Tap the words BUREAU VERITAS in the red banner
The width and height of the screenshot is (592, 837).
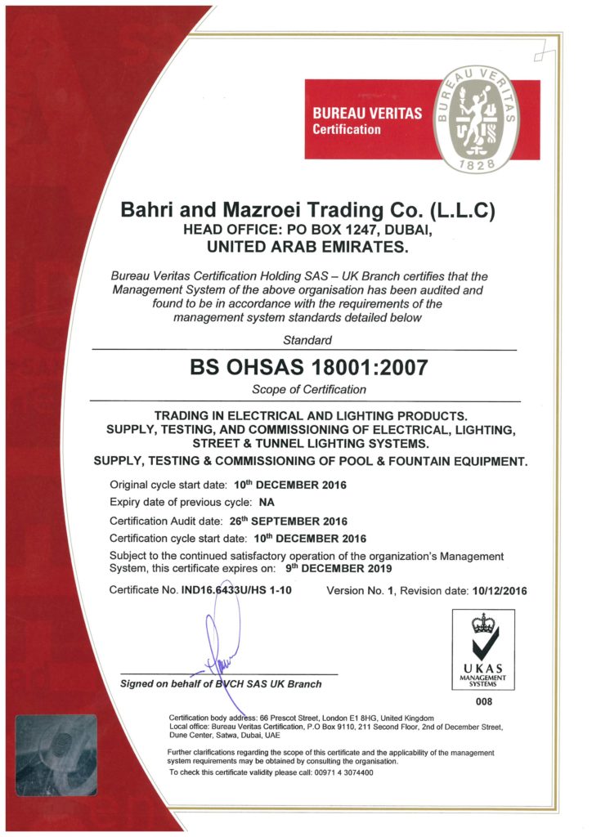pyautogui.click(x=367, y=113)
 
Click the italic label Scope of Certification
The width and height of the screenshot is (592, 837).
pyautogui.click(x=308, y=390)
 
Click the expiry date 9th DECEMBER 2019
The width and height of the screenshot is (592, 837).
pyautogui.click(x=345, y=568)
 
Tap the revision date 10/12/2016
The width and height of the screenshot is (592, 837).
pyautogui.click(x=498, y=590)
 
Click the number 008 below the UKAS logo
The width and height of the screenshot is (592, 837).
pyautogui.click(x=484, y=700)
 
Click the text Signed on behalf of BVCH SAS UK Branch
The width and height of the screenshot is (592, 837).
pyautogui.click(x=221, y=683)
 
